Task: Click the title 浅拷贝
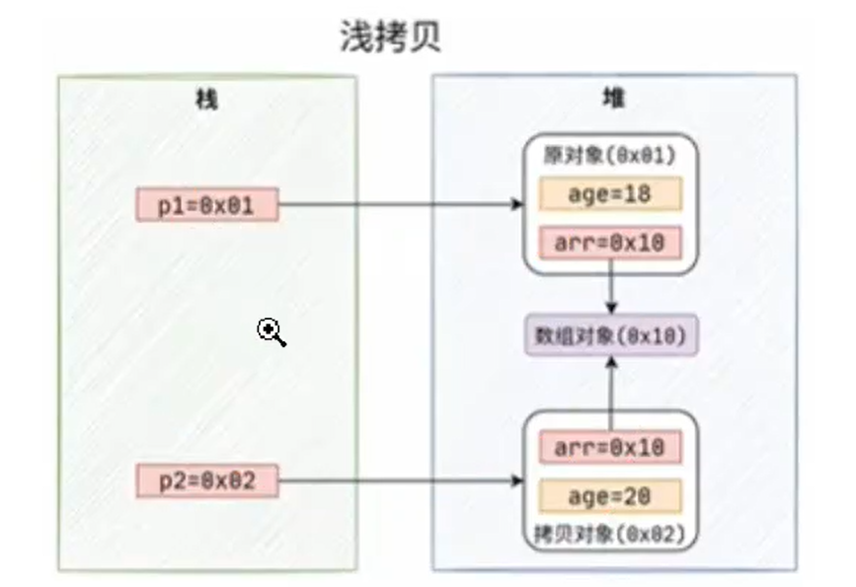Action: click(390, 37)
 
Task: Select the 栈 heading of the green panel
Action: click(206, 99)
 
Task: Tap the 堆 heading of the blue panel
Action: click(613, 99)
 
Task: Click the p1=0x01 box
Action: click(207, 206)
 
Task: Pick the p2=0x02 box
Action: click(207, 482)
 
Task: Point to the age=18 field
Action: click(610, 194)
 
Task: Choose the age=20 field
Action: click(610, 495)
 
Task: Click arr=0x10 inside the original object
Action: click(610, 241)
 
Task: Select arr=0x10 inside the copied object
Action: click(610, 448)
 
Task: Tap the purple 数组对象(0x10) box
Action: click(611, 335)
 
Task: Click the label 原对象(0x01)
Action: click(610, 156)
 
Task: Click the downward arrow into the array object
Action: click(612, 292)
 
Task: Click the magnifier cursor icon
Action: click(272, 332)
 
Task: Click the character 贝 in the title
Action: click(425, 37)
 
